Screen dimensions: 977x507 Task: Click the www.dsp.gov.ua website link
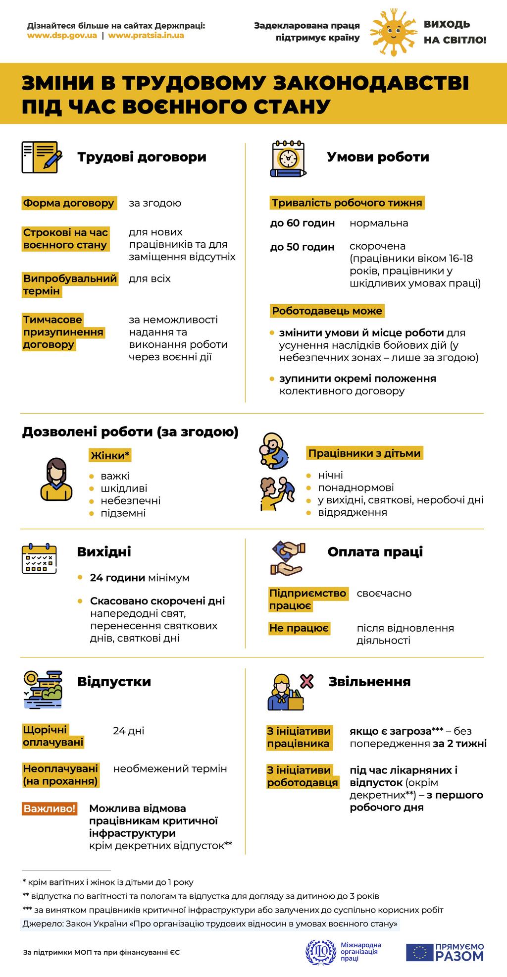pyautogui.click(x=62, y=36)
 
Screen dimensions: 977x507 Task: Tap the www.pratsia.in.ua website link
pyautogui.click(x=146, y=36)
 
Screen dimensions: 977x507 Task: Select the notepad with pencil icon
pyautogui.click(x=42, y=157)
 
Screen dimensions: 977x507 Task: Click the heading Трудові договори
pyautogui.click(x=142, y=157)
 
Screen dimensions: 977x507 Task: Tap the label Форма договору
pyautogui.click(x=69, y=203)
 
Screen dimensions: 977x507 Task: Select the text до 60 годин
pyautogui.click(x=303, y=223)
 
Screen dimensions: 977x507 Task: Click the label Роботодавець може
pyautogui.click(x=327, y=311)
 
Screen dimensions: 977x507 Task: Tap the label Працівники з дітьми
pyautogui.click(x=364, y=453)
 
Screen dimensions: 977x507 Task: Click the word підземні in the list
pyautogui.click(x=123, y=513)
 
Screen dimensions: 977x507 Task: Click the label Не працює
pyautogui.click(x=299, y=628)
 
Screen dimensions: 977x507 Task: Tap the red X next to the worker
pyautogui.click(x=307, y=682)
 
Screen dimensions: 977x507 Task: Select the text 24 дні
pyautogui.click(x=129, y=731)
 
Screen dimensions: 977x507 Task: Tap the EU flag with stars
pyautogui.click(x=420, y=952)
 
